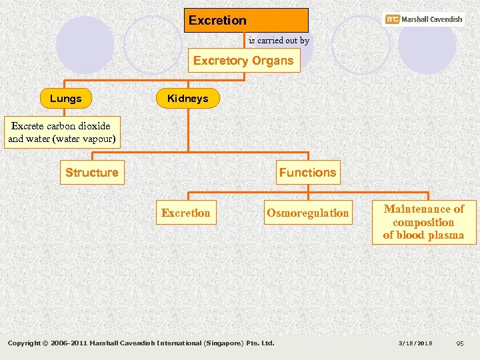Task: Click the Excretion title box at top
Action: click(246, 20)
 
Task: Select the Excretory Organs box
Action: click(243, 61)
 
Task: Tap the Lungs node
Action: click(66, 99)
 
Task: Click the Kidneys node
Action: click(188, 99)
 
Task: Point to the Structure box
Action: click(92, 173)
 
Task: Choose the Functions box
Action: click(308, 173)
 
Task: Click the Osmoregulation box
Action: click(307, 213)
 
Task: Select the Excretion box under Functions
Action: click(186, 213)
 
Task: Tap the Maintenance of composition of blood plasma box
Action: click(423, 222)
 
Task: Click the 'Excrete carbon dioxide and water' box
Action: click(61, 133)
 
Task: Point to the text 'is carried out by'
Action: click(279, 41)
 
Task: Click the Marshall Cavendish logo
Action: click(424, 19)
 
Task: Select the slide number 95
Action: click(459, 343)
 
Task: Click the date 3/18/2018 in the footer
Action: click(415, 343)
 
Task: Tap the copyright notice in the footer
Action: click(141, 343)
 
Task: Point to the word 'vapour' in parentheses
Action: click(97, 139)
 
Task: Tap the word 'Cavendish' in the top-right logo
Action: click(441, 19)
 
